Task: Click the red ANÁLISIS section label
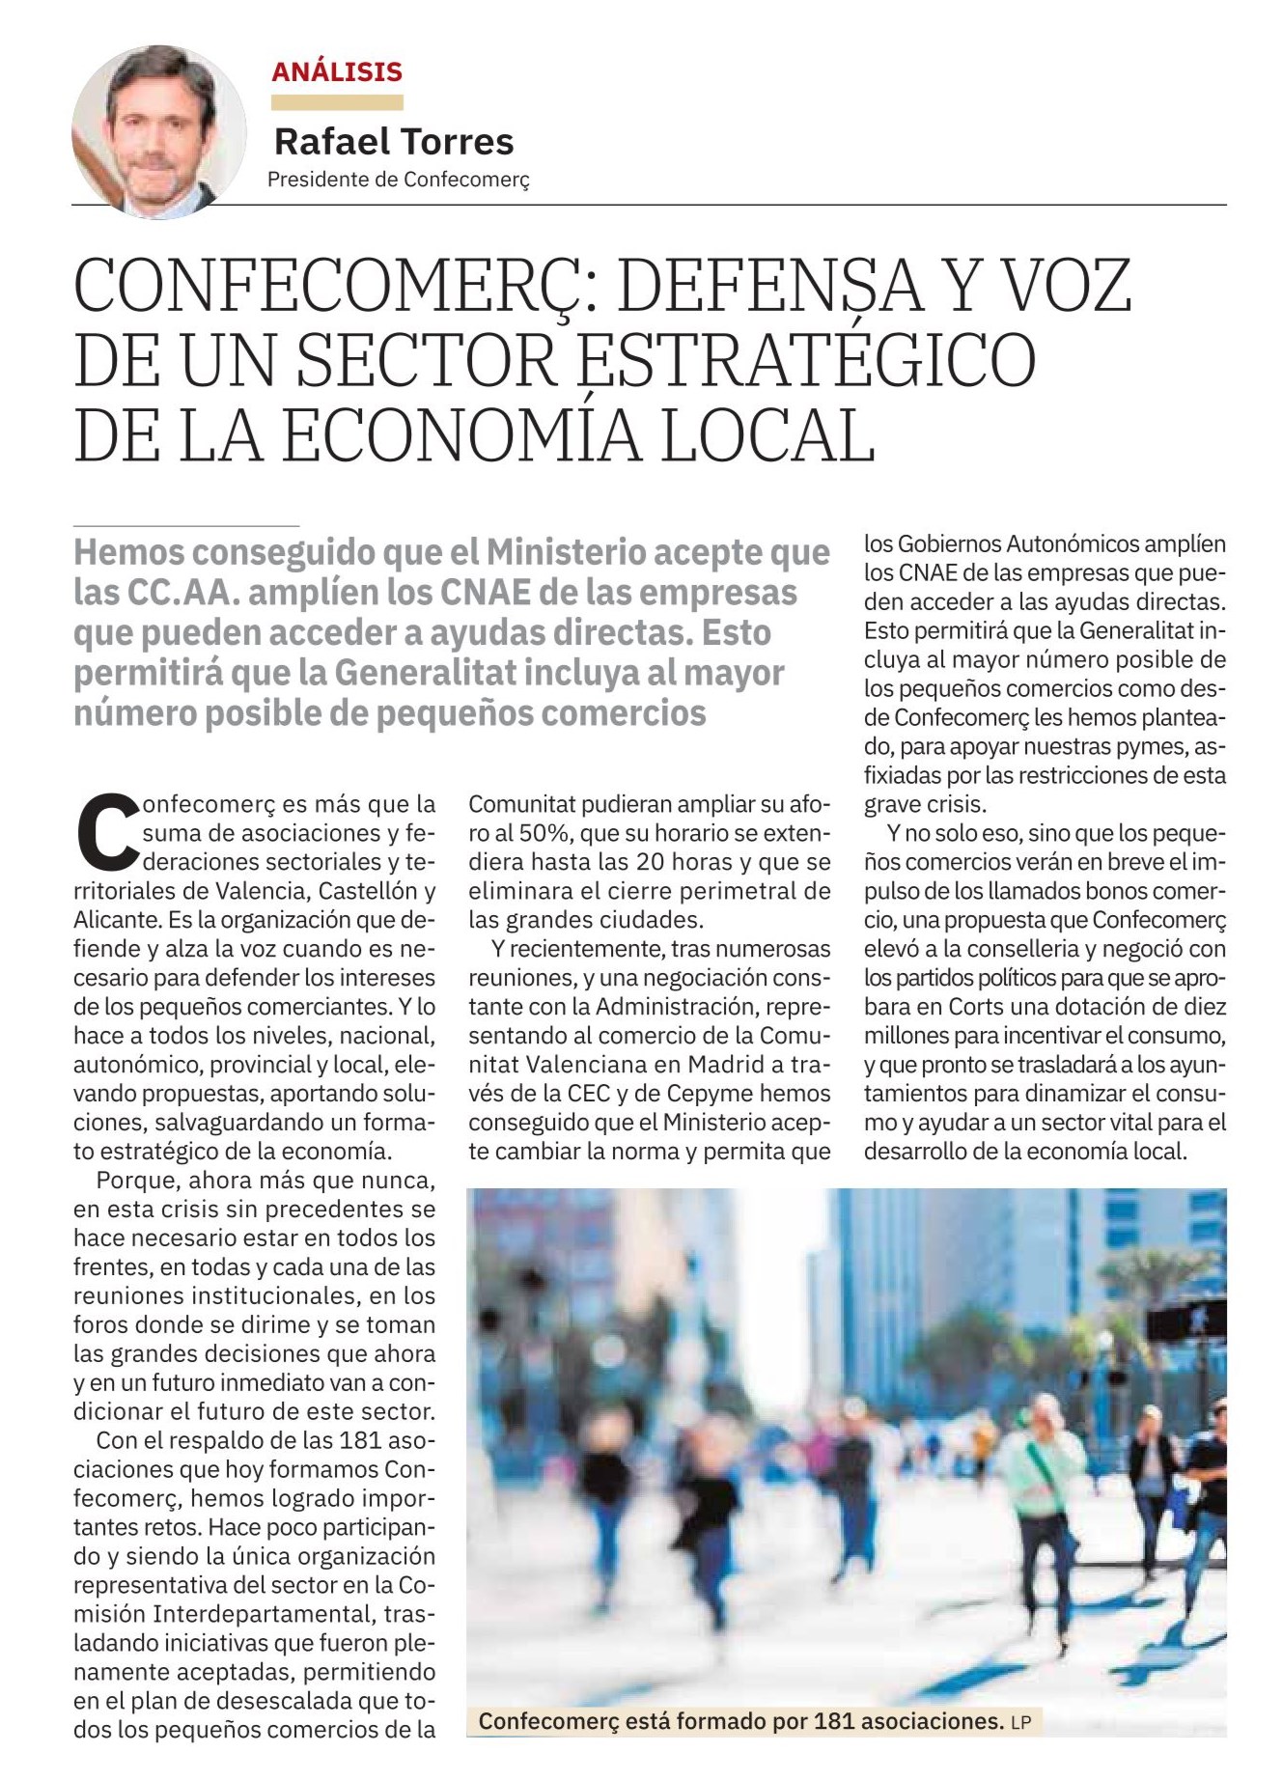337,71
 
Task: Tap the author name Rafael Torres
394,142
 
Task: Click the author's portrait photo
158,132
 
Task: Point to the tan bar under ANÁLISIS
337,102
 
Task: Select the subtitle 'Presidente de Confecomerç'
398,180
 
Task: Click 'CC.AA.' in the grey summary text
182,593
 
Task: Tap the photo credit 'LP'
1020,1722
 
